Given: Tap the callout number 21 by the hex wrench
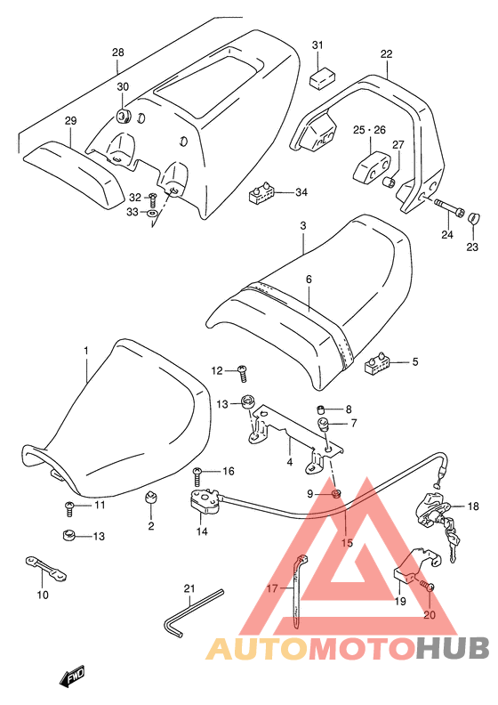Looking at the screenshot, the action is (189, 588).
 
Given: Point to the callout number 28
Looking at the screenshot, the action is (118, 53).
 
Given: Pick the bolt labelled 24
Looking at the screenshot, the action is (448, 208).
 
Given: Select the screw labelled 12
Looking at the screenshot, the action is (243, 372).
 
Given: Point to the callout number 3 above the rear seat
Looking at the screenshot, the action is (303, 225).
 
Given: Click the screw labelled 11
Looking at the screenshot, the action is (70, 508).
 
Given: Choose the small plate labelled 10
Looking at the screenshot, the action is (45, 567).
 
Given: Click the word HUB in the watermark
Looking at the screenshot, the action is (452, 647).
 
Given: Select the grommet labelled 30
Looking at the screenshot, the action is (123, 116).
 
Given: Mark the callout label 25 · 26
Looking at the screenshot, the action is (369, 130).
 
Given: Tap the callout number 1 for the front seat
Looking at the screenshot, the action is (86, 350).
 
